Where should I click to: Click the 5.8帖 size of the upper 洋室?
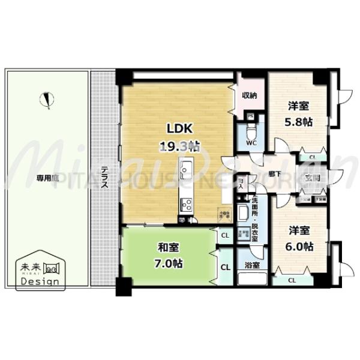coord(298,121)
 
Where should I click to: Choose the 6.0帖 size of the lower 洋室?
coord(298,246)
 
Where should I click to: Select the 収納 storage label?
coord(250,95)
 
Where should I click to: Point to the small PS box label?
coord(250,116)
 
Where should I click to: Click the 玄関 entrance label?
coord(313,178)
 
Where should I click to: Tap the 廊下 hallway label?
coord(277,172)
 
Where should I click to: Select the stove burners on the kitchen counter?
coord(185,205)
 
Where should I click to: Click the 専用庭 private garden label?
coord(46,178)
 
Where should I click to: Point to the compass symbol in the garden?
coord(47,100)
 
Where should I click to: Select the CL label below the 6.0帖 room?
coord(292,280)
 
